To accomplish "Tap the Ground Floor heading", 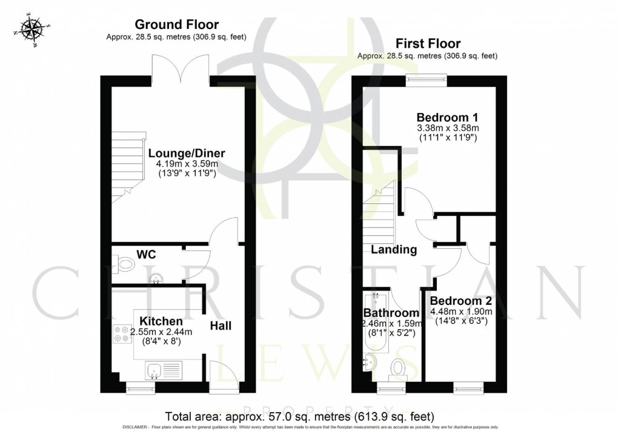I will pos(176,24).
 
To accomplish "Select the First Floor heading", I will pos(427,43).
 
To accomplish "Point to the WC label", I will pos(147,254).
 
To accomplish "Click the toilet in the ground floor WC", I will pos(125,264).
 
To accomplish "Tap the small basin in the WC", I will pos(156,278).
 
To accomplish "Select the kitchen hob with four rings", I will pos(119,334).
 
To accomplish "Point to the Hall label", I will pos(221,326).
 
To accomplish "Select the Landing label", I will pos(394,249).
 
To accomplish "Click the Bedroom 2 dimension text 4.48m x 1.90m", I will pos(460,312).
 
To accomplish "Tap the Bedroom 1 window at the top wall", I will pos(427,77).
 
